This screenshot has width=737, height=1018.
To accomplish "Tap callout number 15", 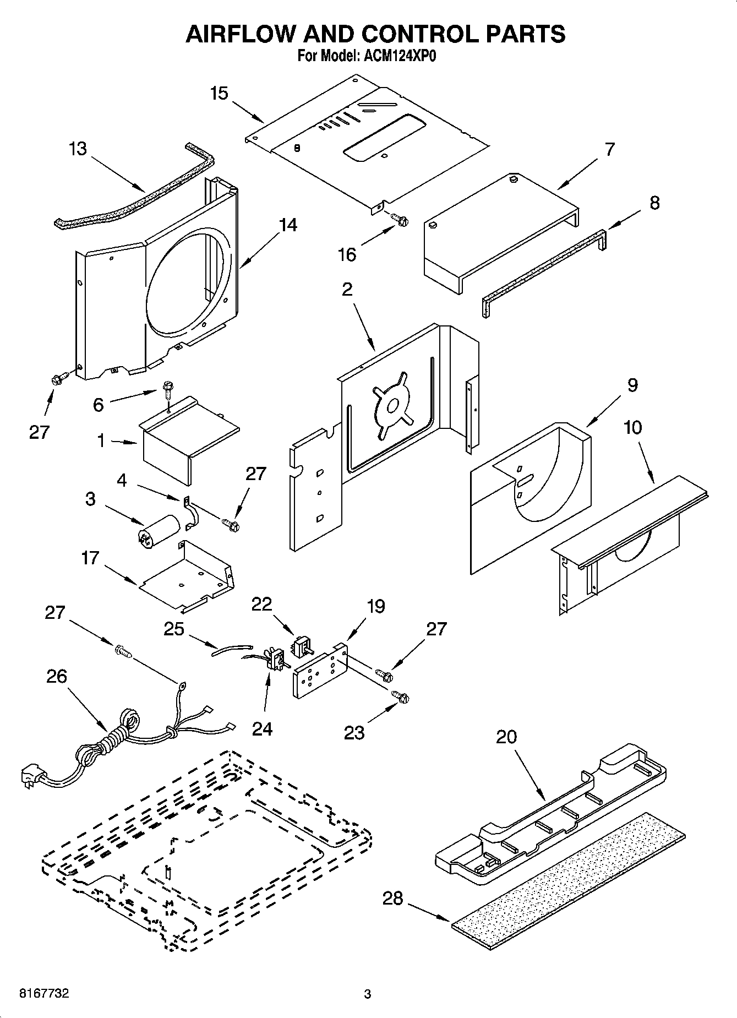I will [219, 93].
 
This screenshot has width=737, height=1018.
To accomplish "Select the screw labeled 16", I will [400, 220].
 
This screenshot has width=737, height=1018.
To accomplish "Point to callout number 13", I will [78, 149].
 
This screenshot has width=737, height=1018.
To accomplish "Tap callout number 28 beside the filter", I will [393, 899].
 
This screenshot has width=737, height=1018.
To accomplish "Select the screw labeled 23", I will [401, 696].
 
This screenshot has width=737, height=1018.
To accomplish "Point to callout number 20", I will [506, 736].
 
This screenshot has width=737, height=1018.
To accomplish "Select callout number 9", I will [632, 385].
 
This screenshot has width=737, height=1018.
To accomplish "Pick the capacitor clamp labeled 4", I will [190, 514].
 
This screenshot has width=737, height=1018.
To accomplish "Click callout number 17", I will [90, 558].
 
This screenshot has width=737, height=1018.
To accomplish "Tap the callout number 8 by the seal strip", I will [654, 203].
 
